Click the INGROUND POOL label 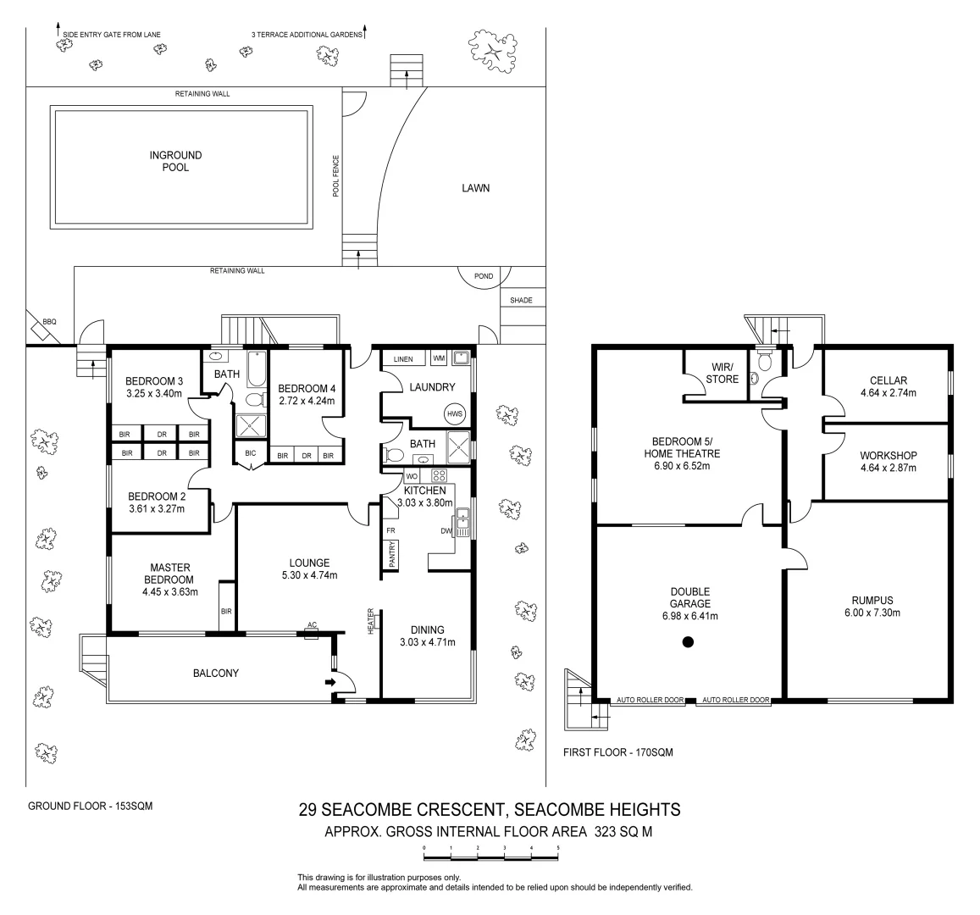(175, 161)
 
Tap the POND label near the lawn (483, 276)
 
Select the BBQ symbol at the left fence (48, 323)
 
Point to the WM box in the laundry (439, 359)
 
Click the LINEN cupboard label (403, 359)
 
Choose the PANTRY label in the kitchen (392, 554)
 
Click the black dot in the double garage (688, 643)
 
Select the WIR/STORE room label (722, 374)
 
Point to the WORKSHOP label (888, 455)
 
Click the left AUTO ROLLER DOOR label (649, 701)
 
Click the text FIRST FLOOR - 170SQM (617, 752)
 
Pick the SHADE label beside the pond (521, 300)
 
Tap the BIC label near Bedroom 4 (250, 453)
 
